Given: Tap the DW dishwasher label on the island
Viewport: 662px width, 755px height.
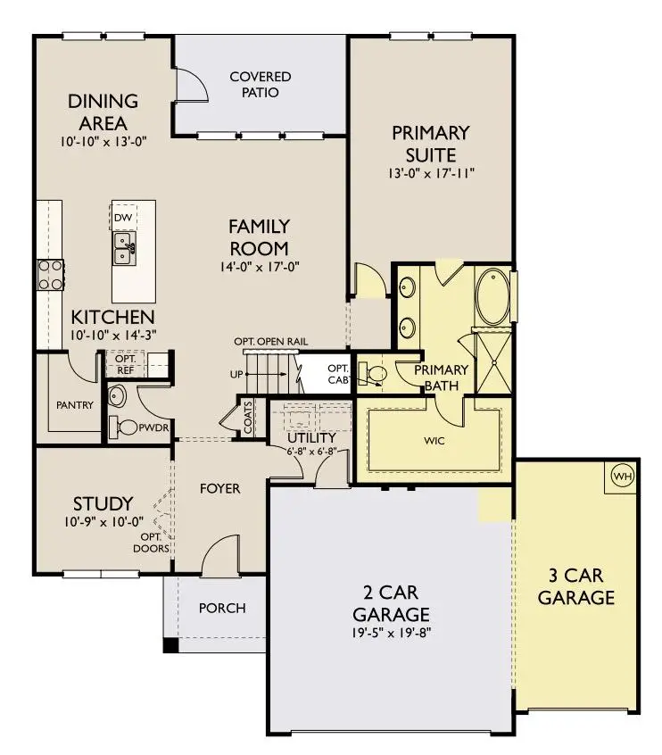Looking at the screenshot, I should [123, 217].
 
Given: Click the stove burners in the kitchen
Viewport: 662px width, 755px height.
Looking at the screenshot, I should [49, 274].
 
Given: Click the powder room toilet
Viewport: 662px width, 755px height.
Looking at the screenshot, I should [126, 427].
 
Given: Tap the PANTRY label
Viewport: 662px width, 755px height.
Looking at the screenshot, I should [74, 404].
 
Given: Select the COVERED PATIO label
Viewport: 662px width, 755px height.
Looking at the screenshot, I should [260, 85].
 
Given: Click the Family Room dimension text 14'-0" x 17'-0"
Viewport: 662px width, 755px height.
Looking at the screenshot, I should [259, 265].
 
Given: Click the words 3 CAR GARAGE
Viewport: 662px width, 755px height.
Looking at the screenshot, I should [576, 586].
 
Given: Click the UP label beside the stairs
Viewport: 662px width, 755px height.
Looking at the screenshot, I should [236, 374].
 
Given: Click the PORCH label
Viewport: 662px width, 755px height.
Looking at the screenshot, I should [221, 608].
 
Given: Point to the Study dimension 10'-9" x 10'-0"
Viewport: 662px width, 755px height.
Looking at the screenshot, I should [103, 521].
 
